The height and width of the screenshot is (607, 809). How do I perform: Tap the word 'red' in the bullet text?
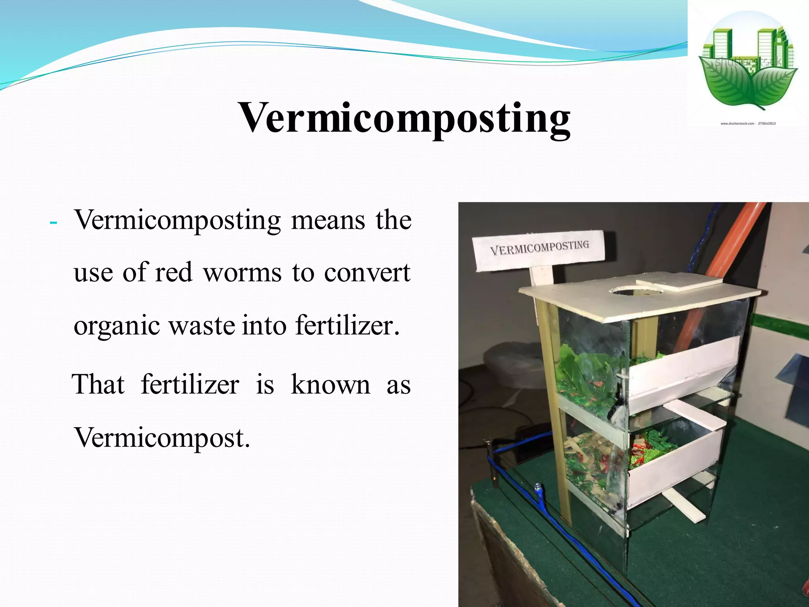[x=173, y=272]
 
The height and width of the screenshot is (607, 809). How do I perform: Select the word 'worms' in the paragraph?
[x=242, y=272]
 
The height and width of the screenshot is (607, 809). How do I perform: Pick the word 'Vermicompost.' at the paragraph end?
[x=162, y=437]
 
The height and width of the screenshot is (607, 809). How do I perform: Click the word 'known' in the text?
[x=331, y=384]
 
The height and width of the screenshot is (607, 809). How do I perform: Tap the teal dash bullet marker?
[x=53, y=223]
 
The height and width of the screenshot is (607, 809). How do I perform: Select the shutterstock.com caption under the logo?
[x=748, y=124]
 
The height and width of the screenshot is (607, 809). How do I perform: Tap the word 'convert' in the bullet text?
[x=367, y=272]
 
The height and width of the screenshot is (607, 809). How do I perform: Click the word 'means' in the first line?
[x=328, y=220]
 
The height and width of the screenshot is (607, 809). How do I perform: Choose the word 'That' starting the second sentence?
[x=98, y=384]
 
